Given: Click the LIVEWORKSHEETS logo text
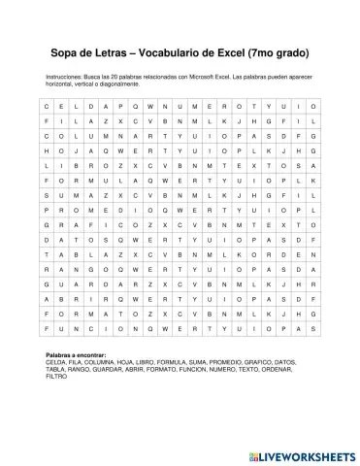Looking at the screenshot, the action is click(301, 455).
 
